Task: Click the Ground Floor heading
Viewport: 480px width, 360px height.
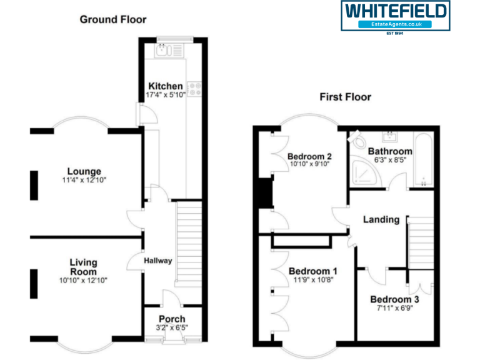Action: [x=113, y=19]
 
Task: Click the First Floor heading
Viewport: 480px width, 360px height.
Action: [x=345, y=97]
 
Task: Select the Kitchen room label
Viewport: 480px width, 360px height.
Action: [x=166, y=86]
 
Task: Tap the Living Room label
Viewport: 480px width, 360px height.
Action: [x=83, y=267]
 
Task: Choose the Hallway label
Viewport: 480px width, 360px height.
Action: [x=157, y=261]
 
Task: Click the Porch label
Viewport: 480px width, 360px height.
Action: [x=172, y=319]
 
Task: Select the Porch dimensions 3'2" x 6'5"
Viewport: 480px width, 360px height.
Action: [x=172, y=327]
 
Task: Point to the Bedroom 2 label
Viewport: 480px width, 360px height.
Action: [x=309, y=156]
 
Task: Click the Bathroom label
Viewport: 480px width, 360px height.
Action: [x=390, y=151]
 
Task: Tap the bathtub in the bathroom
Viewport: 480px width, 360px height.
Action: [x=423, y=159]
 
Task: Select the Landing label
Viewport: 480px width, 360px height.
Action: [x=381, y=219]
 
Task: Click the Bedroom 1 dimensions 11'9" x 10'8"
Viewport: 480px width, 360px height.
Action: [x=313, y=281]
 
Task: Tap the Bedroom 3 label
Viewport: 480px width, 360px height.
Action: [x=394, y=300]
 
